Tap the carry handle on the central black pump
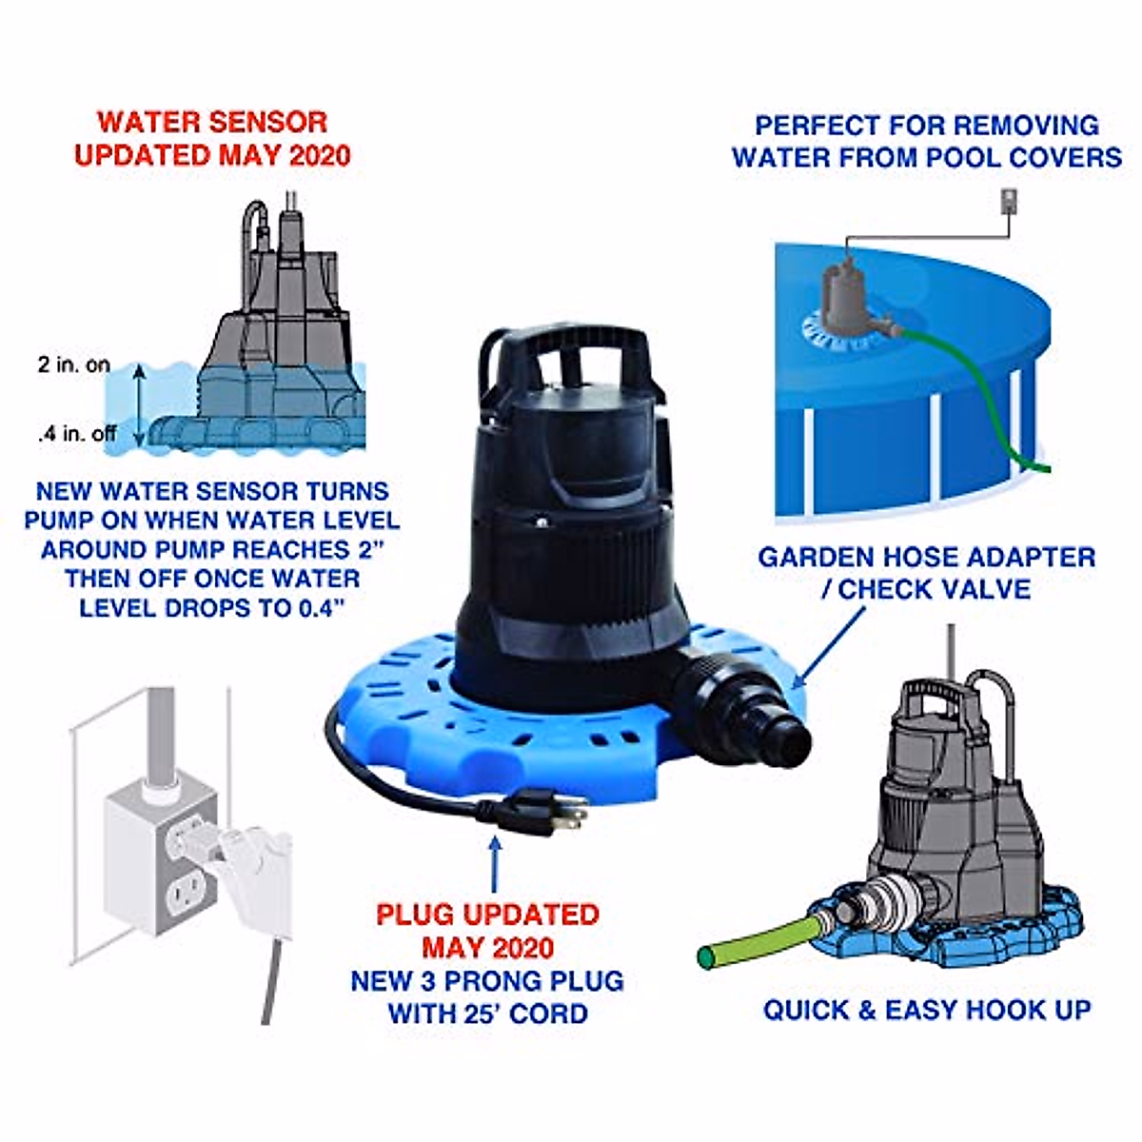click(565, 352)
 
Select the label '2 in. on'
click(73, 364)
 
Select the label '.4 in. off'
click(77, 434)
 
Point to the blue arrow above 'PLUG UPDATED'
click(493, 862)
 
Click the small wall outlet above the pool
click(1009, 202)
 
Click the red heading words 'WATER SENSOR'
click(212, 123)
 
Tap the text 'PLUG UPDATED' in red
click(487, 915)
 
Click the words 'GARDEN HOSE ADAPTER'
click(926, 557)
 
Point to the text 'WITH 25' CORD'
click(487, 1014)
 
